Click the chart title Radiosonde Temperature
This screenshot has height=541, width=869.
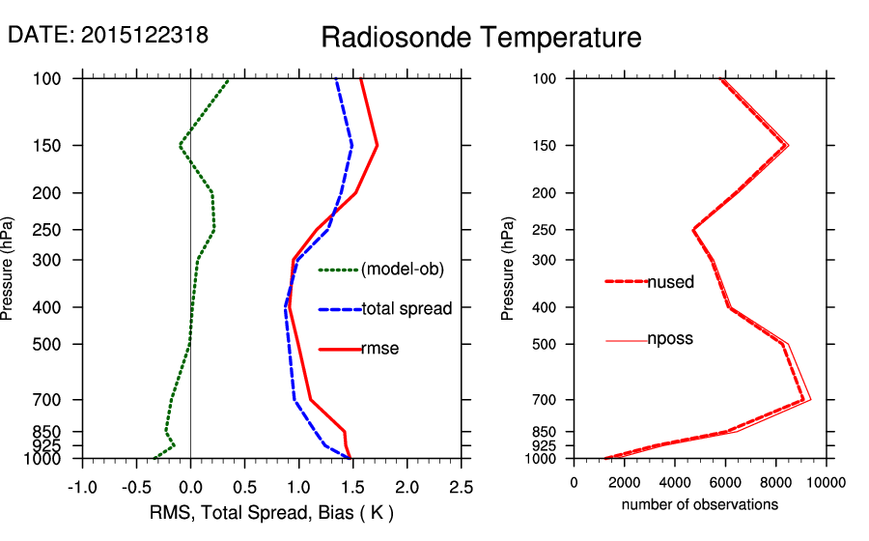coord(481,38)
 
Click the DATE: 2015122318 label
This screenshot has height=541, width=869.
coord(108,35)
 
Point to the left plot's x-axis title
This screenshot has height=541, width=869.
coord(271,511)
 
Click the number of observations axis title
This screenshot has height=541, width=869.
coord(700,504)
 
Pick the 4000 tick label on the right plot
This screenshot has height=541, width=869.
coord(675,483)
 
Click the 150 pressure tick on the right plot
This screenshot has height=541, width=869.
coord(547,146)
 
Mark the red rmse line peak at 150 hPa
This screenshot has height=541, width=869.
coord(377,145)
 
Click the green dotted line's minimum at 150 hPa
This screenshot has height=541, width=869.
coord(180,146)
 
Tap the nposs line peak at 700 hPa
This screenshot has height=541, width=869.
coord(810,399)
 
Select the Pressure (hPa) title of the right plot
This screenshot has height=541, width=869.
coord(508,269)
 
